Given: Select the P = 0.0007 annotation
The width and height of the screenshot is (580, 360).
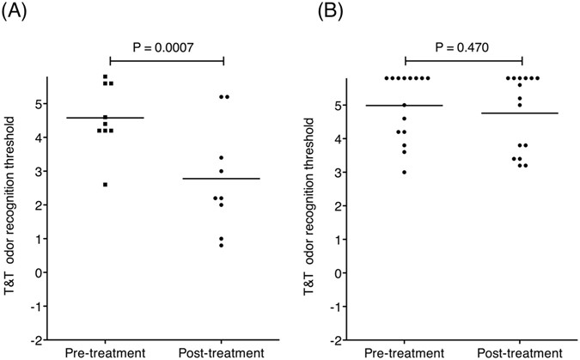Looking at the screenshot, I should point(166,47).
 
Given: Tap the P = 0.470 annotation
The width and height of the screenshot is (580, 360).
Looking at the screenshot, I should point(464,47).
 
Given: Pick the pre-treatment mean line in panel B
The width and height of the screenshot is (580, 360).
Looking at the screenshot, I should point(405,105).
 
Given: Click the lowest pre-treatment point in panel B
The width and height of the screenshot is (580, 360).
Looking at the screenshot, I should point(405,172).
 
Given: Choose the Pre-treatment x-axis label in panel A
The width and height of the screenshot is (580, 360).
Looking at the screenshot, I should point(106,352).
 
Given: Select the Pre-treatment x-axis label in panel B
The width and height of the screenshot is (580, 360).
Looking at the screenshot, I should point(405,352).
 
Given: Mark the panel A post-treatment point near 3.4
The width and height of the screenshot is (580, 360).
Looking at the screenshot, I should point(221,158).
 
